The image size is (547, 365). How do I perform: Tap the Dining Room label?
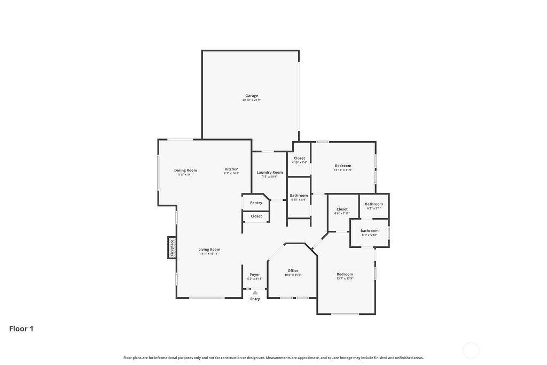(x=185, y=170)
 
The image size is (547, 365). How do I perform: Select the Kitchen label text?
(x=231, y=169)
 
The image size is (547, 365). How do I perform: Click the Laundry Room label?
(x=270, y=173)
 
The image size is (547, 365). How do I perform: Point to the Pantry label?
(x=256, y=203)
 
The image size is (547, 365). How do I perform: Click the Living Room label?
(x=209, y=250)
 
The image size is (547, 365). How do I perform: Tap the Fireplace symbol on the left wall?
(x=172, y=247)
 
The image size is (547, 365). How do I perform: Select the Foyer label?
(x=255, y=275)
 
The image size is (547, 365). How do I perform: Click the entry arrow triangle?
(x=255, y=292)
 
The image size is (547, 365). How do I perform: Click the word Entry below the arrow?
(x=255, y=299)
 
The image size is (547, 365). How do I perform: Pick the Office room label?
(x=293, y=270)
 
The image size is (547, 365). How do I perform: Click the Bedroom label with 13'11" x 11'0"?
(x=343, y=166)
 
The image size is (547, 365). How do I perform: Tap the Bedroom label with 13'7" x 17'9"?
(x=345, y=274)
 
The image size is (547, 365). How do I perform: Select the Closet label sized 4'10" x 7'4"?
(x=299, y=158)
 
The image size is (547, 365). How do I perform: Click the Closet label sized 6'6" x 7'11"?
(x=342, y=209)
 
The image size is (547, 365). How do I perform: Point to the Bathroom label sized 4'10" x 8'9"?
(x=299, y=196)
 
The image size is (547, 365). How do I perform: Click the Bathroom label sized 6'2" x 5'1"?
(x=374, y=204)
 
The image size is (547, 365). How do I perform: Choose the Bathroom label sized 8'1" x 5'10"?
(x=369, y=231)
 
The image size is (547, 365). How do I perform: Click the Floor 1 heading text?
(x=21, y=329)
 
